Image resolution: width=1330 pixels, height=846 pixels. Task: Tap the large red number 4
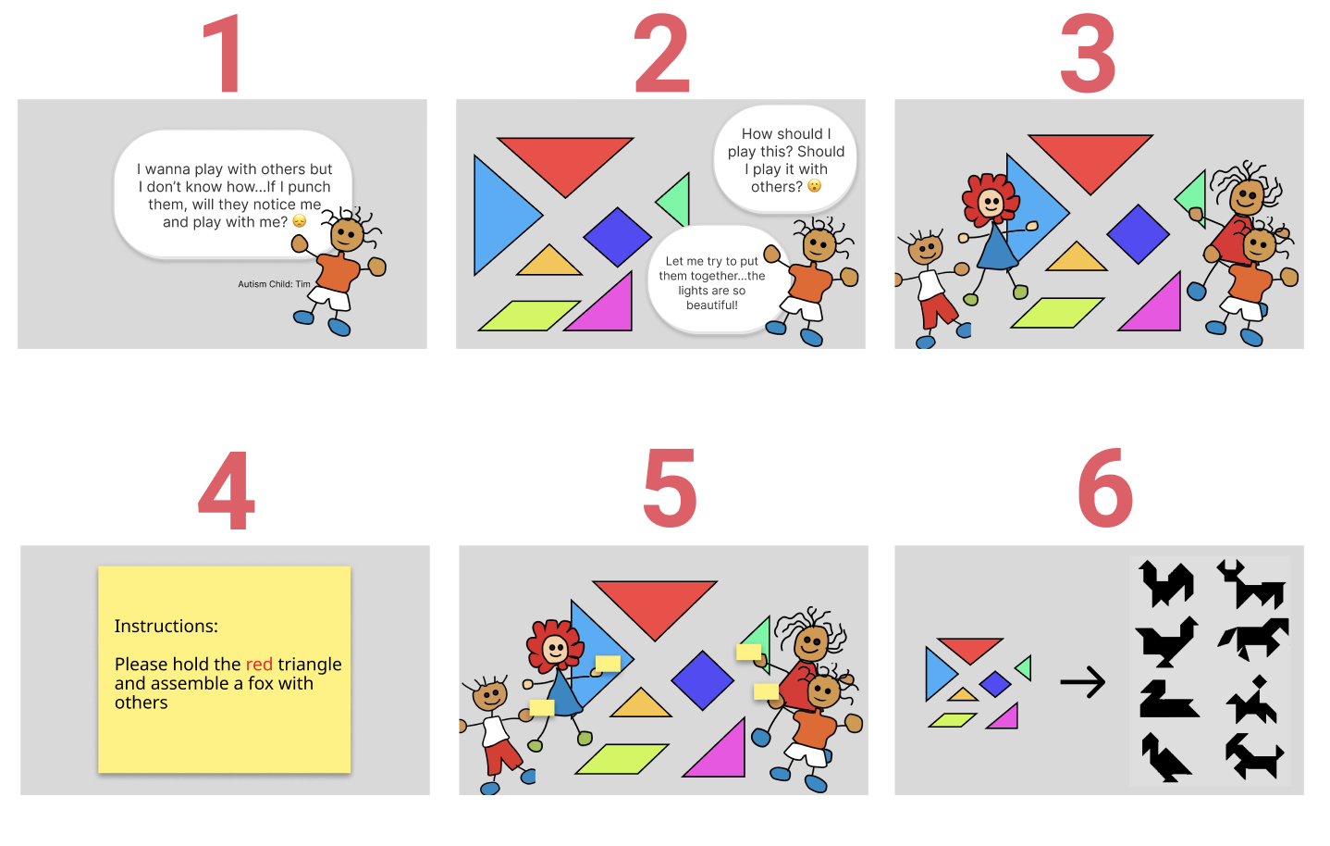coord(227,491)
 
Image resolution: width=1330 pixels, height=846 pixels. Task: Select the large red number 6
coord(1105,489)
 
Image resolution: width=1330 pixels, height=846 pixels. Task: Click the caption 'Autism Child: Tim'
coord(274,284)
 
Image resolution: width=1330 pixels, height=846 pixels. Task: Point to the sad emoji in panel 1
coord(300,221)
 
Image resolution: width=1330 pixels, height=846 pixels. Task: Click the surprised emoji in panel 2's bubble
coord(815,186)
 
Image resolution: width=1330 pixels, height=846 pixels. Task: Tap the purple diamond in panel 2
coord(618,236)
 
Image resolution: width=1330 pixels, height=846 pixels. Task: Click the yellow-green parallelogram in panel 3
coord(1057,313)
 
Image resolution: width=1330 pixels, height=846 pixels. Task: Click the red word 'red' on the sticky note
coord(259,665)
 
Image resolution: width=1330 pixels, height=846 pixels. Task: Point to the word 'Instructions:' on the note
coord(166,627)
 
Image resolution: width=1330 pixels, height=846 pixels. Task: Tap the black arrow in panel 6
coord(1082,682)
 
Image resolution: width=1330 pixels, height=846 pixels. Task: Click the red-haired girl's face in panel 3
coord(991,204)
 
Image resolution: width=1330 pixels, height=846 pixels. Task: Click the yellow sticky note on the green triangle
coord(749,653)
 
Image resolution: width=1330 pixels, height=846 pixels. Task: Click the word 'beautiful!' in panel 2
coord(712,305)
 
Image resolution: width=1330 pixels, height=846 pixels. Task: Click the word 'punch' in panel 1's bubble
coord(309,187)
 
